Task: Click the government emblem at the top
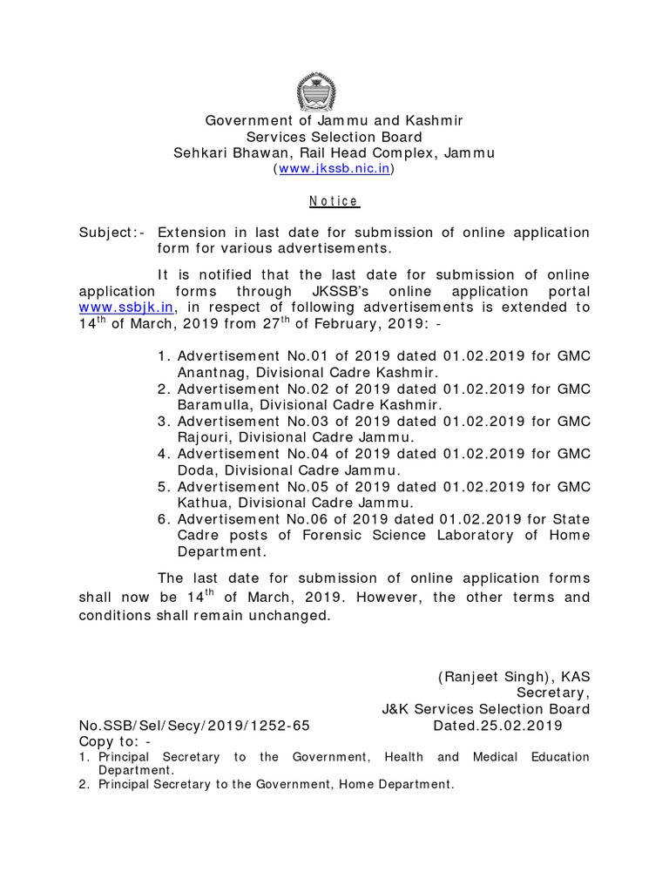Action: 316,91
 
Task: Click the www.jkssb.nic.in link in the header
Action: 334,169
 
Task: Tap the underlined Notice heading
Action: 334,201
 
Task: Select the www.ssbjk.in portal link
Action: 127,307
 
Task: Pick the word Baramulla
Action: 212,405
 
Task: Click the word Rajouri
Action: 203,437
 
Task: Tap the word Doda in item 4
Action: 196,470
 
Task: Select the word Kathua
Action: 201,503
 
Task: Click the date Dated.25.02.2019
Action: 497,726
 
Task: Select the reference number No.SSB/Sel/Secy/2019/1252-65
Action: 194,726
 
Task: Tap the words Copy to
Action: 110,741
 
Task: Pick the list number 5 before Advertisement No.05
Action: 163,487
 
